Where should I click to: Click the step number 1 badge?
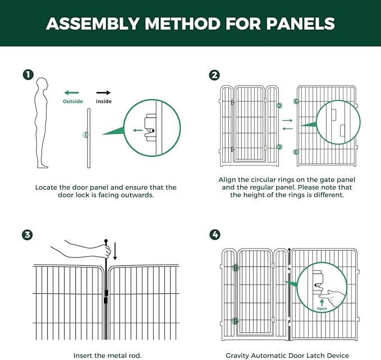pyautogui.click(x=28, y=75)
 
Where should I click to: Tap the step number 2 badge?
pyautogui.click(x=214, y=75)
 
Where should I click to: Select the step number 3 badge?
pyautogui.click(x=27, y=235)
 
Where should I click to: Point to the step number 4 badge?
pyautogui.click(x=215, y=234)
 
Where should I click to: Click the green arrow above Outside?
pyautogui.click(x=71, y=93)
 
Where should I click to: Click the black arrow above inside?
pyautogui.click(x=103, y=93)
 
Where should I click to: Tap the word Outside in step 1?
pyautogui.click(x=73, y=101)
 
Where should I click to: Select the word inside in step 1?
pyautogui.click(x=104, y=101)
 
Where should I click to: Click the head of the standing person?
pyautogui.click(x=42, y=84)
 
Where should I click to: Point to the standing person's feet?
pyautogui.click(x=43, y=165)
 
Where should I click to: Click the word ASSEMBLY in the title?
pyautogui.click(x=93, y=24)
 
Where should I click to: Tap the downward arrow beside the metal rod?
pyautogui.click(x=115, y=251)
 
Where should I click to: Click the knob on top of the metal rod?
pyautogui.click(x=106, y=241)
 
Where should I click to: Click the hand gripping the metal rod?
pyautogui.click(x=106, y=251)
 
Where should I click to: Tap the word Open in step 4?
pyautogui.click(x=322, y=309)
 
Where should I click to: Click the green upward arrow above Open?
pyautogui.click(x=322, y=302)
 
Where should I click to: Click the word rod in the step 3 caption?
pyautogui.click(x=135, y=356)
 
